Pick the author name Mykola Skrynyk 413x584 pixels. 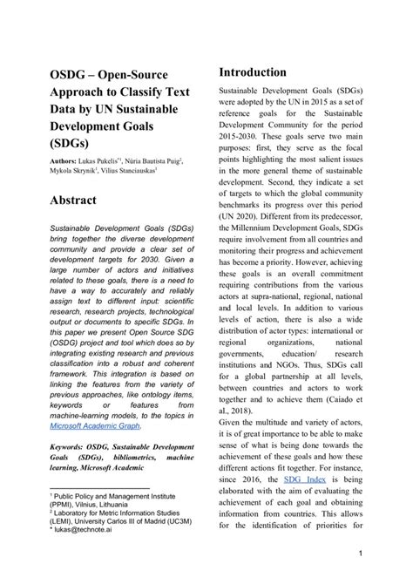pos(63,173)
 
